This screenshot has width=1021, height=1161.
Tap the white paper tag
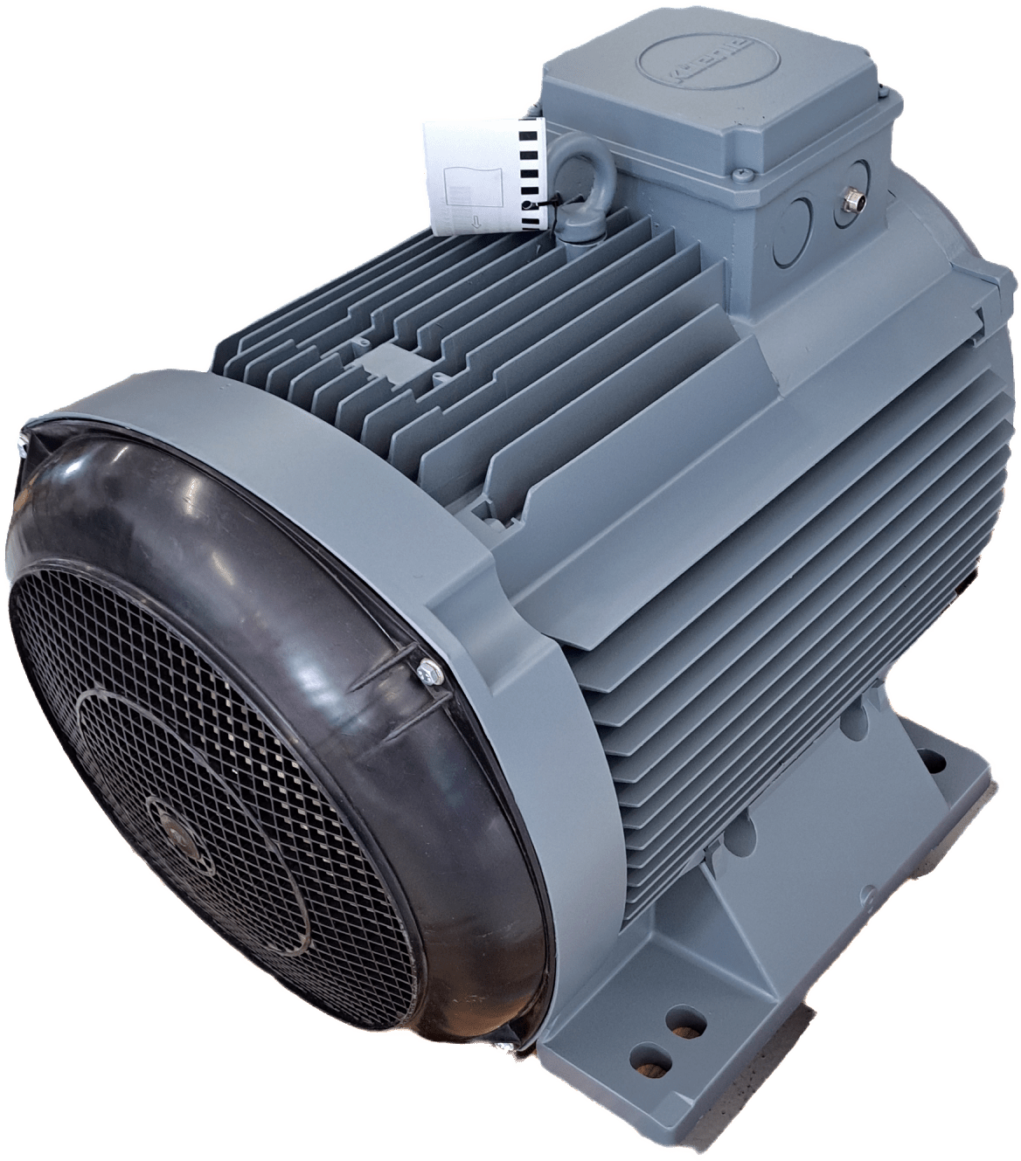(476, 175)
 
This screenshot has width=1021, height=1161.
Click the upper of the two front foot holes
(676, 1019)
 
